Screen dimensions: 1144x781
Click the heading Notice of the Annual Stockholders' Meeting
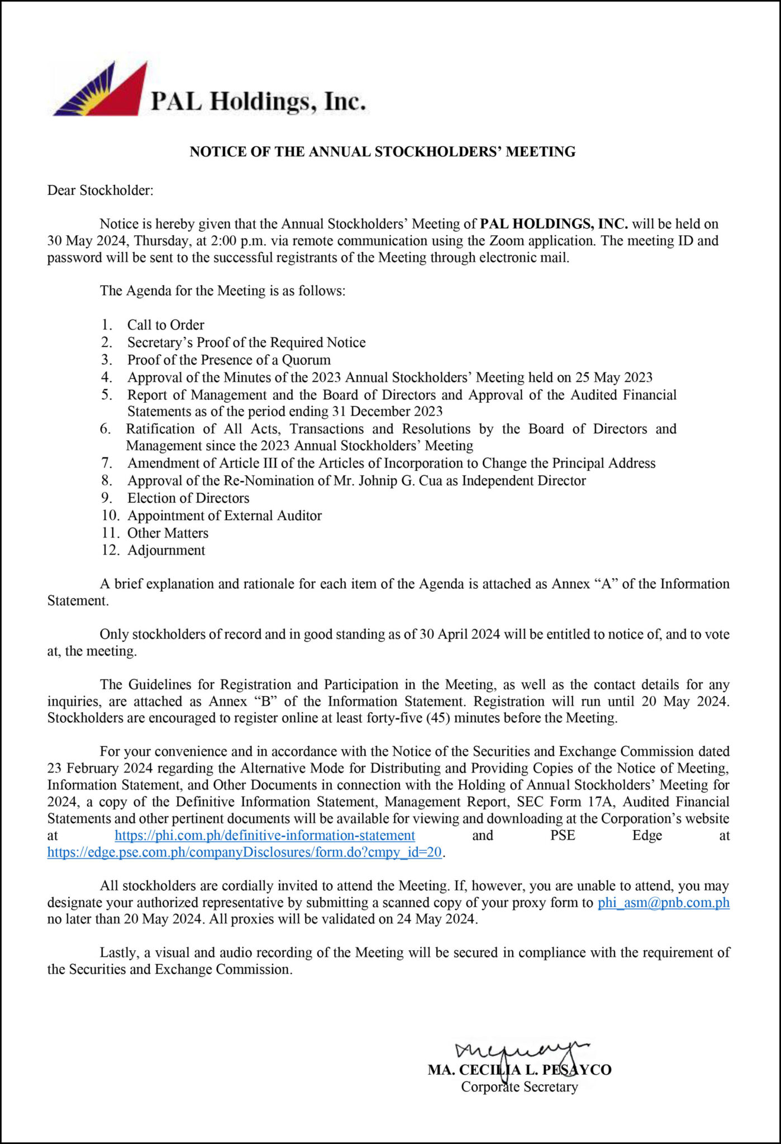382,151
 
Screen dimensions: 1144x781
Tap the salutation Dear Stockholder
100,190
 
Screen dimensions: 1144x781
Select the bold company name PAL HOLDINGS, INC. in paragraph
554,224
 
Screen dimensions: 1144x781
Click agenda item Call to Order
165,325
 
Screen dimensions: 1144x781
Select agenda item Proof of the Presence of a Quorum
228,360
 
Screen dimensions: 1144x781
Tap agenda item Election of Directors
188,498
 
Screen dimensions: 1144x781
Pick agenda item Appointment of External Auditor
224,516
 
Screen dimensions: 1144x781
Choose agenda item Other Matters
168,533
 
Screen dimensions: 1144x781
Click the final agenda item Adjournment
166,550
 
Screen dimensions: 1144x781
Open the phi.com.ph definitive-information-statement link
265,836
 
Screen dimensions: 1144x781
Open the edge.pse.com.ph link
245,852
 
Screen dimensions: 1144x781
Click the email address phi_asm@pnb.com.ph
663,903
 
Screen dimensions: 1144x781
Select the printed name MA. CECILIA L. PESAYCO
519,1070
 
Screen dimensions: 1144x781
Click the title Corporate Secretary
519,1087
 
